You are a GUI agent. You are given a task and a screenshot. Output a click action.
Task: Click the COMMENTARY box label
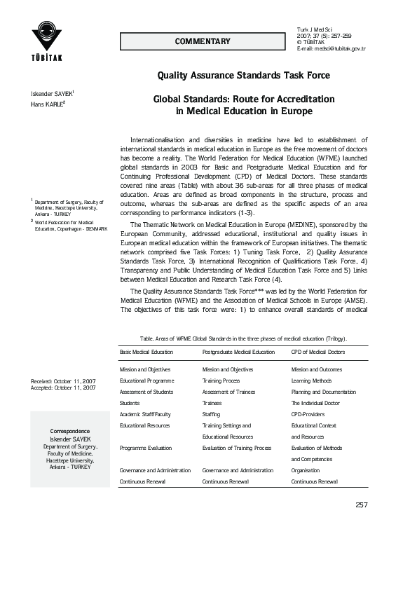point(203,41)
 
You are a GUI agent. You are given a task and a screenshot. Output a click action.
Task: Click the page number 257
point(362,505)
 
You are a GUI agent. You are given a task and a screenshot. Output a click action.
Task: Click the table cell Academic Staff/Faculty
point(145,414)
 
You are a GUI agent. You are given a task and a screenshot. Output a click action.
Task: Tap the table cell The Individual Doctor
point(315,403)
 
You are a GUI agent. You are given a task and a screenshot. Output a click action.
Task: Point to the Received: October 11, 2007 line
point(64,381)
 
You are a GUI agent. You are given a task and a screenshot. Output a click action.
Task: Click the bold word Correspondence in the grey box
point(69,430)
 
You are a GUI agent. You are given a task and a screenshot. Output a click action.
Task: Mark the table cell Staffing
point(212,414)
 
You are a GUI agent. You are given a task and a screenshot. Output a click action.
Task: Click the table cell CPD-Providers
point(308,414)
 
